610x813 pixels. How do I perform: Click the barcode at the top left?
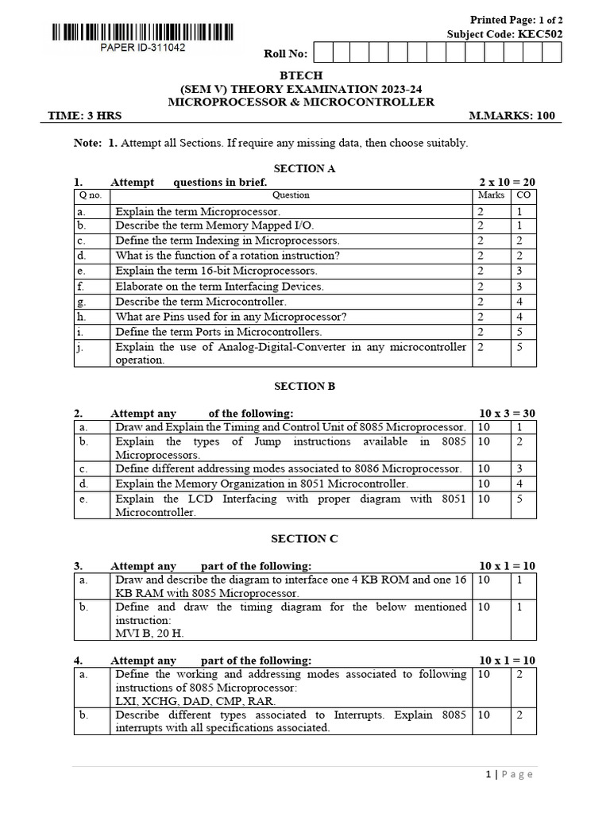click(143, 33)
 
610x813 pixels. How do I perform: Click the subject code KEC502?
click(540, 34)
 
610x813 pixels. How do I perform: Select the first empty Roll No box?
click(323, 53)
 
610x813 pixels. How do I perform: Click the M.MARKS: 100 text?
click(512, 116)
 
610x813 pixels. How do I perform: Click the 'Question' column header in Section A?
click(291, 195)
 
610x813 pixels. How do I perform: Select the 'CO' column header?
click(523, 195)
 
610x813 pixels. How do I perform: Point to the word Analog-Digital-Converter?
click(262, 347)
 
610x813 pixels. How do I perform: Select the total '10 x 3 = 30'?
click(508, 414)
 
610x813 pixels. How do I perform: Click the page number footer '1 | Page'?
click(515, 774)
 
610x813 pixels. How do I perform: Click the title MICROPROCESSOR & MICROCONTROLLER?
click(301, 102)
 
